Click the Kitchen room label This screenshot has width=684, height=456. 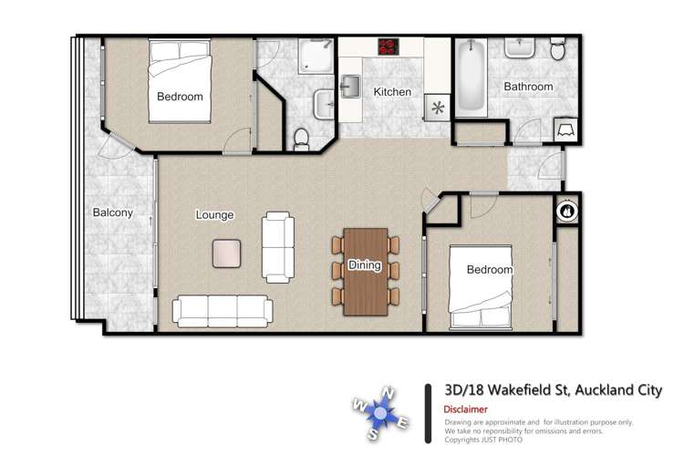[x=392, y=92]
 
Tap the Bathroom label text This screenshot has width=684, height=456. [x=528, y=87]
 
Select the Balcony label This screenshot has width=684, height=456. [x=112, y=212]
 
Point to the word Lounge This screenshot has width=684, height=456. [x=214, y=214]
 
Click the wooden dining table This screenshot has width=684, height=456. [x=366, y=272]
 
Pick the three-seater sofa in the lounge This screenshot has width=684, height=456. [x=223, y=311]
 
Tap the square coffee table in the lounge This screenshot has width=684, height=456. [x=226, y=254]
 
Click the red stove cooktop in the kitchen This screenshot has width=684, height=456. [x=389, y=47]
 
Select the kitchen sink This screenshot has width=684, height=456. [x=351, y=87]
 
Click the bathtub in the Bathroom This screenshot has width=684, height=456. [x=471, y=78]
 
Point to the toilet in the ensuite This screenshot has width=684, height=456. [x=302, y=140]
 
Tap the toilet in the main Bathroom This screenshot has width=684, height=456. [x=557, y=48]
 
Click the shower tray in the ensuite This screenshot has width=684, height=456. [x=316, y=56]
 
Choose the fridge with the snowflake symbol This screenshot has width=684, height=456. [x=438, y=108]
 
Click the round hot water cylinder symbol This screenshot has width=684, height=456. [x=567, y=212]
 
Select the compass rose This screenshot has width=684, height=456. [x=381, y=413]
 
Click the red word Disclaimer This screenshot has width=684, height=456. [x=465, y=409]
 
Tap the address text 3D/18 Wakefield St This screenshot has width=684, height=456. [x=507, y=389]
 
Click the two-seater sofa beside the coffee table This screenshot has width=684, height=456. [x=278, y=247]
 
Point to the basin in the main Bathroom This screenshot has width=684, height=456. [x=520, y=48]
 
